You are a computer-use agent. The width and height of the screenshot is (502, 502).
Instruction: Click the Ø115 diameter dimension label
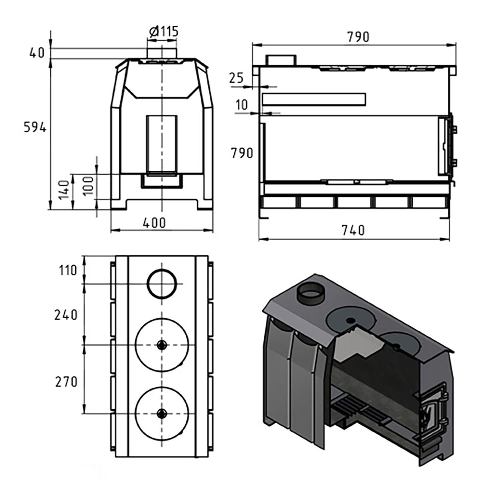[x=164, y=32]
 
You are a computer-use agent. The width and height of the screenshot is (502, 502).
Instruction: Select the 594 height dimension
[x=35, y=128]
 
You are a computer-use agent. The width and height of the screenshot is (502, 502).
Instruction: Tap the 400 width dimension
[x=155, y=223]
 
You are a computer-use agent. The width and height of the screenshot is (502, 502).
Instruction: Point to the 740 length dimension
[x=353, y=230]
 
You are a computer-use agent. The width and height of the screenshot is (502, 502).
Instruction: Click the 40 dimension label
[x=37, y=53]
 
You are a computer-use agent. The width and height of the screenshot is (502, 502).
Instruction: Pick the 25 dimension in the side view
[x=236, y=78]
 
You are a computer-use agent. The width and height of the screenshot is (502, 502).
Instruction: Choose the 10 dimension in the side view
[x=242, y=105]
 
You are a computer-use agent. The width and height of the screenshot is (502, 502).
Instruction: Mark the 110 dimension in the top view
[x=68, y=270]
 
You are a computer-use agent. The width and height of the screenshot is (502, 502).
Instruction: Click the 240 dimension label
[x=66, y=315]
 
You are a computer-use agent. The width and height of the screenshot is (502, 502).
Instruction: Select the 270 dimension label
[x=66, y=382]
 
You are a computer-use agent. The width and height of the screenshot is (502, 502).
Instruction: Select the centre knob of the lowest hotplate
[x=162, y=414]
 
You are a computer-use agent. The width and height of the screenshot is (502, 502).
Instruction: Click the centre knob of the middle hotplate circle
[x=162, y=345]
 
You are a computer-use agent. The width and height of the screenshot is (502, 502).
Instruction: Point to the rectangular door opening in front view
[x=162, y=145]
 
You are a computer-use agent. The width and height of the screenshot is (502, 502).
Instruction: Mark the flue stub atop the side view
[x=281, y=60]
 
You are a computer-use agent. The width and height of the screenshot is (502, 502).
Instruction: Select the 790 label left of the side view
[x=242, y=153]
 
